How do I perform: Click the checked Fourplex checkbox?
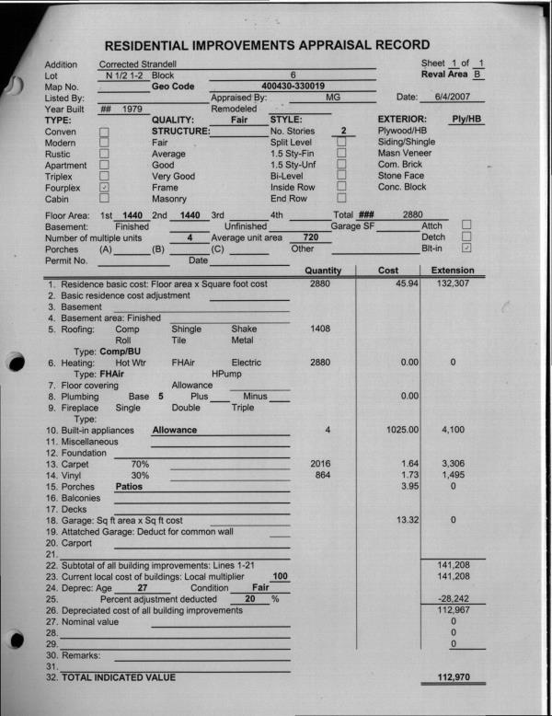click(104, 188)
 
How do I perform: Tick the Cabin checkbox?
click(104, 198)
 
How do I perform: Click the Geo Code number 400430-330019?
click(293, 85)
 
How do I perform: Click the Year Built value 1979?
click(134, 108)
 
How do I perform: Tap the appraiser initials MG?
click(333, 96)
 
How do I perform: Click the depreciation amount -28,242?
click(452, 599)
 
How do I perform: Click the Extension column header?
click(452, 271)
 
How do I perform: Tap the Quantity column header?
click(323, 271)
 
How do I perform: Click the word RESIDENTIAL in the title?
click(158, 45)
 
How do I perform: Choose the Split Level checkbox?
click(341, 143)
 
